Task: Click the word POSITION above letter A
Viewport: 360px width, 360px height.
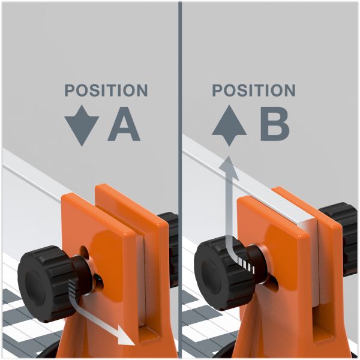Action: (x=106, y=90)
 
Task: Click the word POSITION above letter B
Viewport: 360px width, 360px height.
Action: (x=254, y=90)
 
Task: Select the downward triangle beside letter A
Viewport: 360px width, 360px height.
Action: (x=82, y=125)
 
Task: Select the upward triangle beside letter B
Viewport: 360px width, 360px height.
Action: (x=229, y=125)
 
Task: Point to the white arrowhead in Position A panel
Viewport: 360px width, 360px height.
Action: (x=126, y=335)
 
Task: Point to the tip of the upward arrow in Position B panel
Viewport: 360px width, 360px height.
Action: (x=228, y=157)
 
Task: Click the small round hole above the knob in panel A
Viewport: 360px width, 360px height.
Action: (x=84, y=251)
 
